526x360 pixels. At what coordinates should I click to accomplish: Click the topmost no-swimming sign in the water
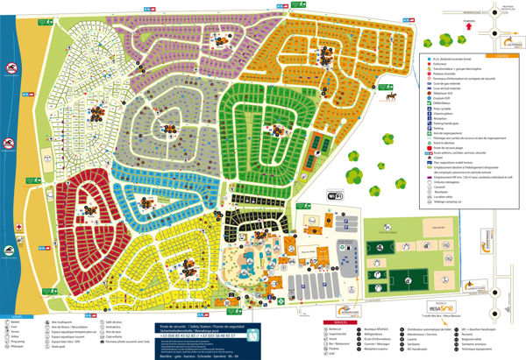[x=8, y=68]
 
